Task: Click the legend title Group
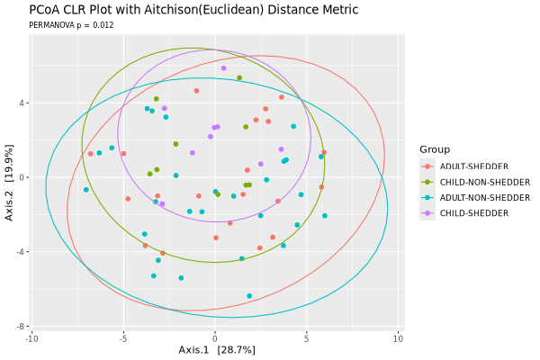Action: tap(435, 149)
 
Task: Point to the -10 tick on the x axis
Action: tap(32, 338)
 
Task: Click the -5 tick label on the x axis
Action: tap(123, 338)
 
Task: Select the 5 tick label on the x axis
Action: tap(306, 338)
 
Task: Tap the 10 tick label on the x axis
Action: tap(398, 338)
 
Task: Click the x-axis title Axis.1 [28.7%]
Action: tap(216, 349)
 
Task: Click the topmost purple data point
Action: tap(223, 68)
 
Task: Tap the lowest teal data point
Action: tap(249, 296)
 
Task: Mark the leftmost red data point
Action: tap(90, 154)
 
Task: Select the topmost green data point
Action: tap(239, 77)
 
